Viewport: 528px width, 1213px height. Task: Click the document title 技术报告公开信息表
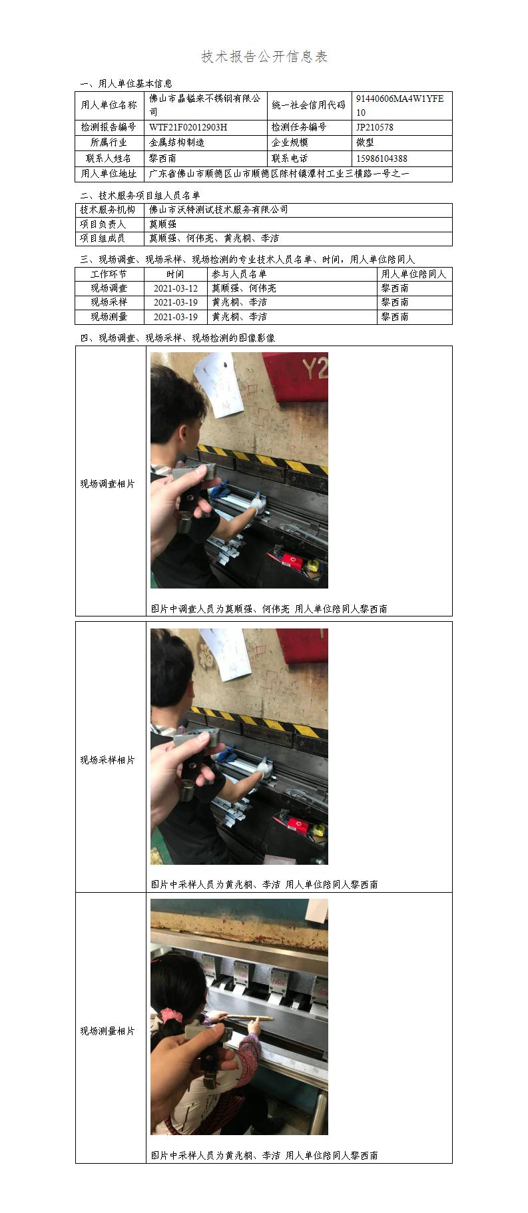(264, 57)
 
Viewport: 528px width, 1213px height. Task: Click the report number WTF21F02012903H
(188, 127)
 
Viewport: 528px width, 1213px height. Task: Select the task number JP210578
(374, 127)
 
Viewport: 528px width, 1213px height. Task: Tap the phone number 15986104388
(382, 158)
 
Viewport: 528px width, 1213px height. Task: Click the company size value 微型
(365, 142)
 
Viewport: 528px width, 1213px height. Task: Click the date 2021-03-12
(176, 288)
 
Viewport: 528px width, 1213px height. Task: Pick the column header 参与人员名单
(239, 274)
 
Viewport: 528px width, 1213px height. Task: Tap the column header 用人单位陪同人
(413, 274)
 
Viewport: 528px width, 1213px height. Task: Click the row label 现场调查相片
(108, 484)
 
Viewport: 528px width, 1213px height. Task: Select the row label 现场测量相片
(108, 1031)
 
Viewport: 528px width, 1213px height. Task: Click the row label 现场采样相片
(108, 760)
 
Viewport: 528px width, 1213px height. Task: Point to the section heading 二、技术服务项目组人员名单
(140, 196)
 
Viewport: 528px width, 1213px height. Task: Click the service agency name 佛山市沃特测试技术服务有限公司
(218, 210)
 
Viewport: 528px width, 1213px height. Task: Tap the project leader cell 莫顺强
(162, 224)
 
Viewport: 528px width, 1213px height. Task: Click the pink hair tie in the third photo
(172, 1016)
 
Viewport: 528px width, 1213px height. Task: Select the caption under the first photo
(269, 608)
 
